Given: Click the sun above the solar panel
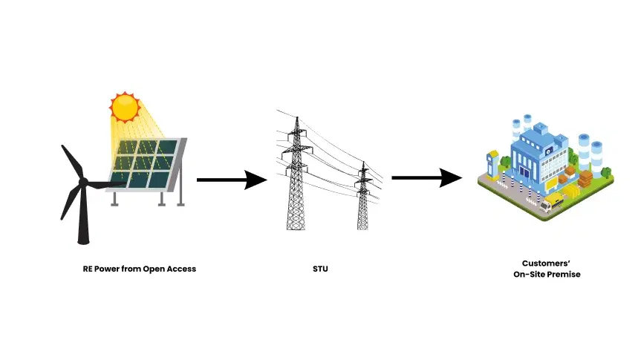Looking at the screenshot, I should pyautogui.click(x=125, y=107).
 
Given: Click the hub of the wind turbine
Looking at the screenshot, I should pyautogui.click(x=83, y=183).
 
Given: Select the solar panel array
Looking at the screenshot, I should pyautogui.click(x=145, y=164).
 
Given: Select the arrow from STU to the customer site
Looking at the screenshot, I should pyautogui.click(x=426, y=178).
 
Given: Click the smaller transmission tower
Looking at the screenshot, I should pyautogui.click(x=363, y=197).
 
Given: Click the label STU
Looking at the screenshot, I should pyautogui.click(x=320, y=269).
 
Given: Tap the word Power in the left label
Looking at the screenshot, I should pyautogui.click(x=110, y=269).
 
